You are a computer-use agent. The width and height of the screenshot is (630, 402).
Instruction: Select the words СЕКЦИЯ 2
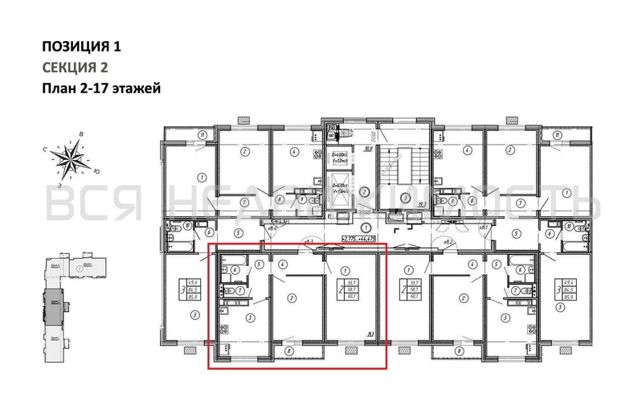(74, 68)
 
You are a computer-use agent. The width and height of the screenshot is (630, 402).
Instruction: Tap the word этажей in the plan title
(136, 88)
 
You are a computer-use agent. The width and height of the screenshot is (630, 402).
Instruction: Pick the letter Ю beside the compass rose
(96, 170)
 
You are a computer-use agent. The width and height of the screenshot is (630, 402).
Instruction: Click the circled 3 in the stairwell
(364, 191)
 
